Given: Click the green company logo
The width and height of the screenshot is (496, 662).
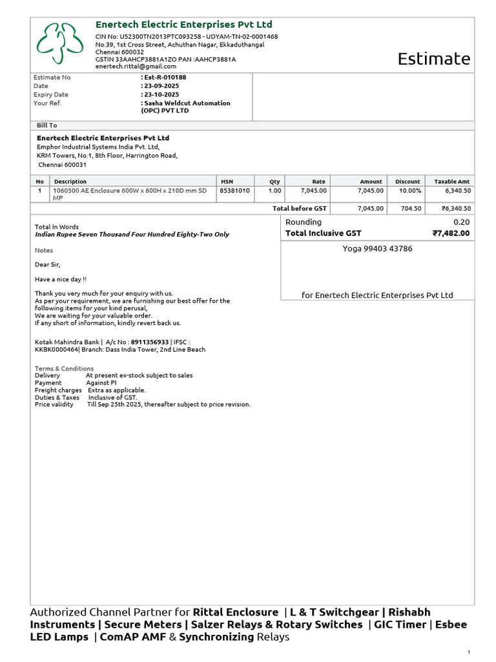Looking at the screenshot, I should coord(59,44).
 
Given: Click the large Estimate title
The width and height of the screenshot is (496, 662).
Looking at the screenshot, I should coord(433,59).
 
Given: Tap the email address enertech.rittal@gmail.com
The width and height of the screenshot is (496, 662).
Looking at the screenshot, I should coord(136,67).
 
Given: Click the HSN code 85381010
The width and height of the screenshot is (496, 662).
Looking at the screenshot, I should coord(234,191).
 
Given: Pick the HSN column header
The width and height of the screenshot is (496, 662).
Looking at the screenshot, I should coord(227,182).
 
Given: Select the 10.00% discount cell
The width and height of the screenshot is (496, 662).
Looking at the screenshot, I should coord(409,191).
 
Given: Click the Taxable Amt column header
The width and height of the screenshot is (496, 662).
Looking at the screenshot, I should coord(452,182).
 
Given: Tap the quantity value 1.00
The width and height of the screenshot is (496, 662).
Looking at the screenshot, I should coord(275,191).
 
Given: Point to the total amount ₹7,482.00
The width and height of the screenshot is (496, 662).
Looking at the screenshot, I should coord(451,233).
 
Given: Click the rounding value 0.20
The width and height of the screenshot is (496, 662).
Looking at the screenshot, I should coord(462,222).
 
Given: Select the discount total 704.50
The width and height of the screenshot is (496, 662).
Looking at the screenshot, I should coord(411,208).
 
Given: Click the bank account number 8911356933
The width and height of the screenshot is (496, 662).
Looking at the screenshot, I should coord(149,342).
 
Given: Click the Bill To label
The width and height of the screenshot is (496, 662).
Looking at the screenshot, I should coord(46,125).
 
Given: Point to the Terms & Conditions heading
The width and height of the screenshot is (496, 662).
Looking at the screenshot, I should coord(64,368).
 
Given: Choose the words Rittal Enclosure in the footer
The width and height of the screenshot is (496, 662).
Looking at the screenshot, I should coord(235,612).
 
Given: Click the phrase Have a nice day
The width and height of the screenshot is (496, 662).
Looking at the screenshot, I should coord(60,279).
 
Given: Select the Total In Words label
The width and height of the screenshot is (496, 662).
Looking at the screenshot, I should coord(56,227).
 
